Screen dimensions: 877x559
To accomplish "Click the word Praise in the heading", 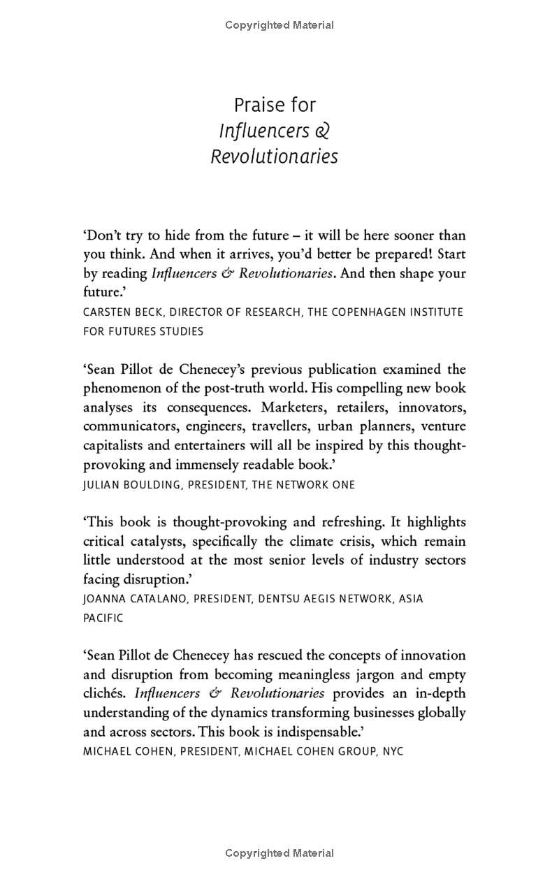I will coord(254,106).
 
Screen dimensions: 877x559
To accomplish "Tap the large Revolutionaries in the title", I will coord(274,157).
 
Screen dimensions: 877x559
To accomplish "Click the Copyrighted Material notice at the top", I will coord(279,25).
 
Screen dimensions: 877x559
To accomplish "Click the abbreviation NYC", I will coord(393,752).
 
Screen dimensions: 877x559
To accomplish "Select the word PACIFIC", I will coord(103,618).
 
